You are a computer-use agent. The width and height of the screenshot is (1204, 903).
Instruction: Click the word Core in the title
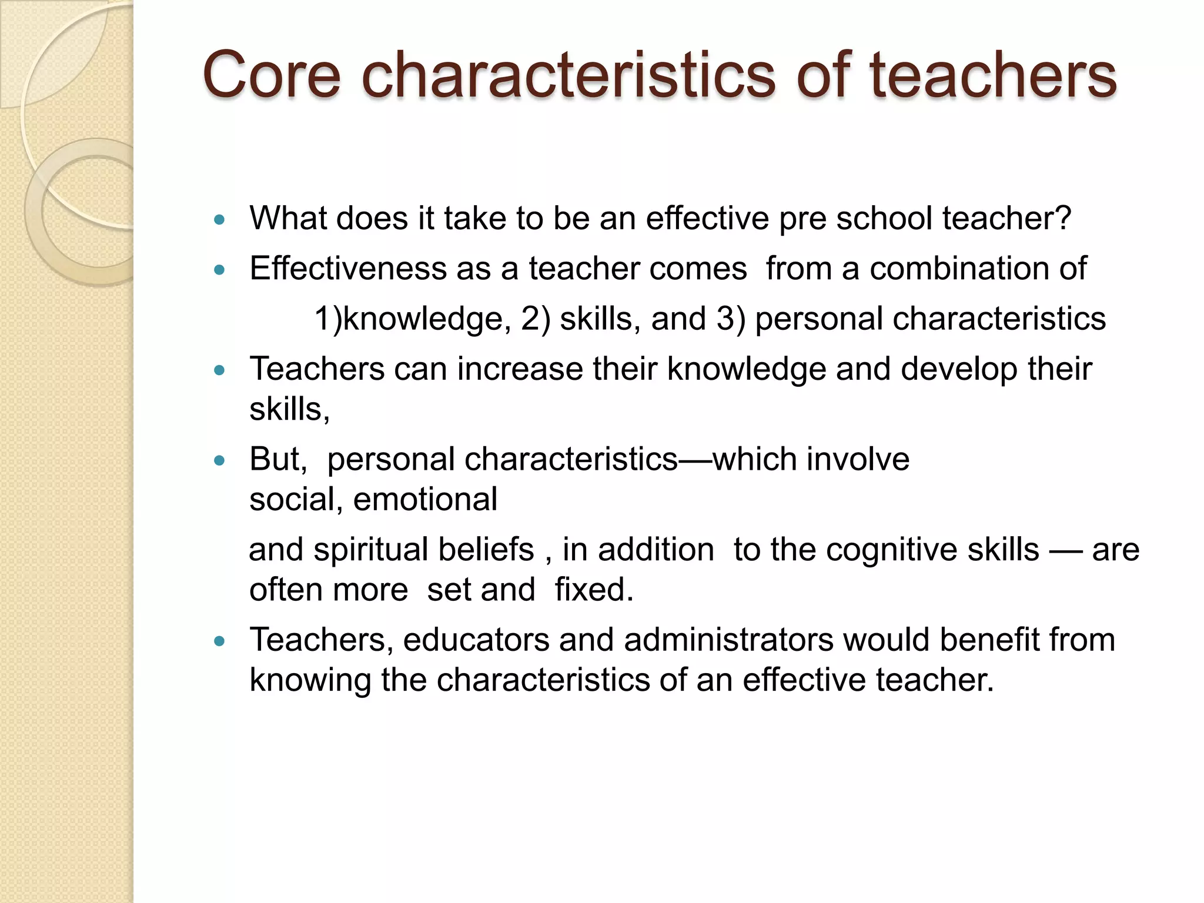coord(272,75)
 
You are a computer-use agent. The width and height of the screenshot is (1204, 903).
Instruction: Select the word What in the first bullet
coord(287,218)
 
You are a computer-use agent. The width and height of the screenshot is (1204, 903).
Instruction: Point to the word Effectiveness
coord(347,269)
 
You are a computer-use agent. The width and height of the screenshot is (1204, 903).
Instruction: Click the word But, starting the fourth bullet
coord(277,459)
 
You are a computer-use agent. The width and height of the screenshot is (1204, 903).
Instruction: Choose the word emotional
coord(425,500)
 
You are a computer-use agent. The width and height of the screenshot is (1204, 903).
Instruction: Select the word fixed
coord(594,590)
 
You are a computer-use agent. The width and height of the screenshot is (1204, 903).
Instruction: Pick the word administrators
coord(728,640)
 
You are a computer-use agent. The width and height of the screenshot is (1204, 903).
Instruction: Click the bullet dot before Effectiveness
coord(220,270)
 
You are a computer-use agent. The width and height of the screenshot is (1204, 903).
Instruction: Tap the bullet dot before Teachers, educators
coord(220,641)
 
